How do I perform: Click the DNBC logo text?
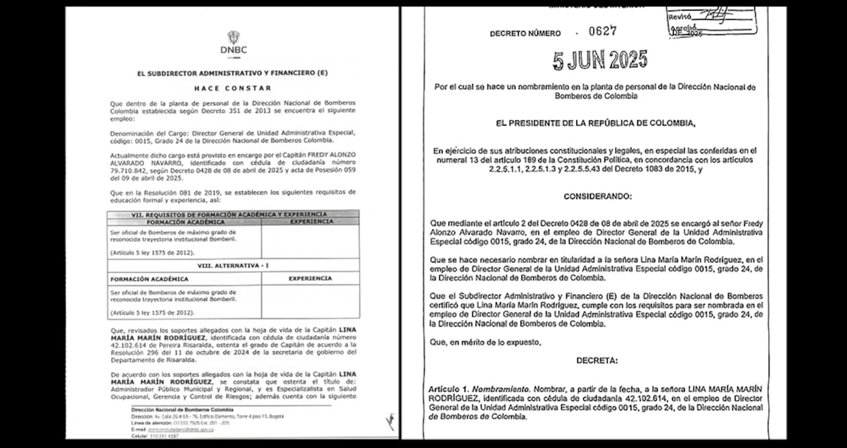pyautogui.click(x=233, y=50)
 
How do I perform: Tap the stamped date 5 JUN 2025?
pyautogui.click(x=600, y=61)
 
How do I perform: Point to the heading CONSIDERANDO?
pyautogui.click(x=598, y=196)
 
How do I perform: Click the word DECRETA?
pyautogui.click(x=596, y=361)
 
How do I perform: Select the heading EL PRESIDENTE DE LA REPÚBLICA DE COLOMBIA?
pyautogui.click(x=598, y=123)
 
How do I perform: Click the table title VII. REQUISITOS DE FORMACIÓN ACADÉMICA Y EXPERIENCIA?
pyautogui.click(x=233, y=214)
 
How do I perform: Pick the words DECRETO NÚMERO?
pyautogui.click(x=525, y=33)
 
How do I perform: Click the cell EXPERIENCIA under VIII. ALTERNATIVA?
pyautogui.click(x=310, y=279)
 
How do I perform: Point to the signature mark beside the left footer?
pyautogui.click(x=390, y=421)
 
